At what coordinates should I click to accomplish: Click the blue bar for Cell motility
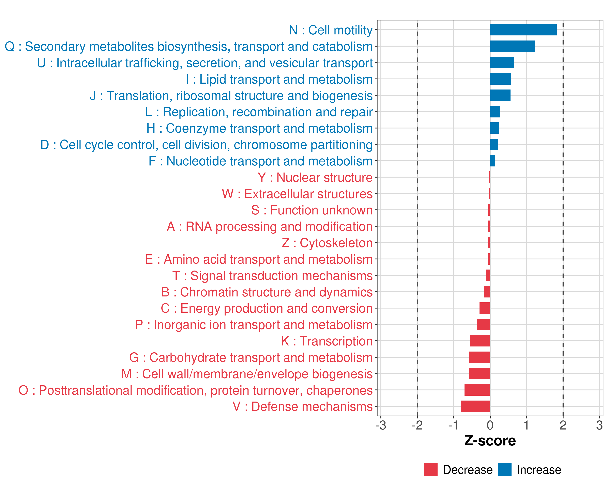(523, 30)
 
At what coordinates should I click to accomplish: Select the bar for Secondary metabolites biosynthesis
(512, 46)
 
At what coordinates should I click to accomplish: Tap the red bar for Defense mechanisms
(475, 406)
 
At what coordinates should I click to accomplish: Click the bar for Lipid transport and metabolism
(500, 79)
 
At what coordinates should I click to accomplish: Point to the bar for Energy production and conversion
(485, 308)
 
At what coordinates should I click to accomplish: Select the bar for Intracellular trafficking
(502, 63)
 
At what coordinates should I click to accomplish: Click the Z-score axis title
(490, 440)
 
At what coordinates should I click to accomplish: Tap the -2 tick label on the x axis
(417, 425)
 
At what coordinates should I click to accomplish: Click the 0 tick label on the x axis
(490, 425)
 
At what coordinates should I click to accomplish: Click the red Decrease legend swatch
(431, 469)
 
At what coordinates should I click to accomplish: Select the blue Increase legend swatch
(504, 469)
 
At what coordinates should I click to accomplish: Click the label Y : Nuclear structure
(315, 178)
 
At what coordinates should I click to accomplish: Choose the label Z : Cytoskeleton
(327, 243)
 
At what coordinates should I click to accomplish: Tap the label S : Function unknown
(312, 210)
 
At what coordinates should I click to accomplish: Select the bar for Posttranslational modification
(477, 390)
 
